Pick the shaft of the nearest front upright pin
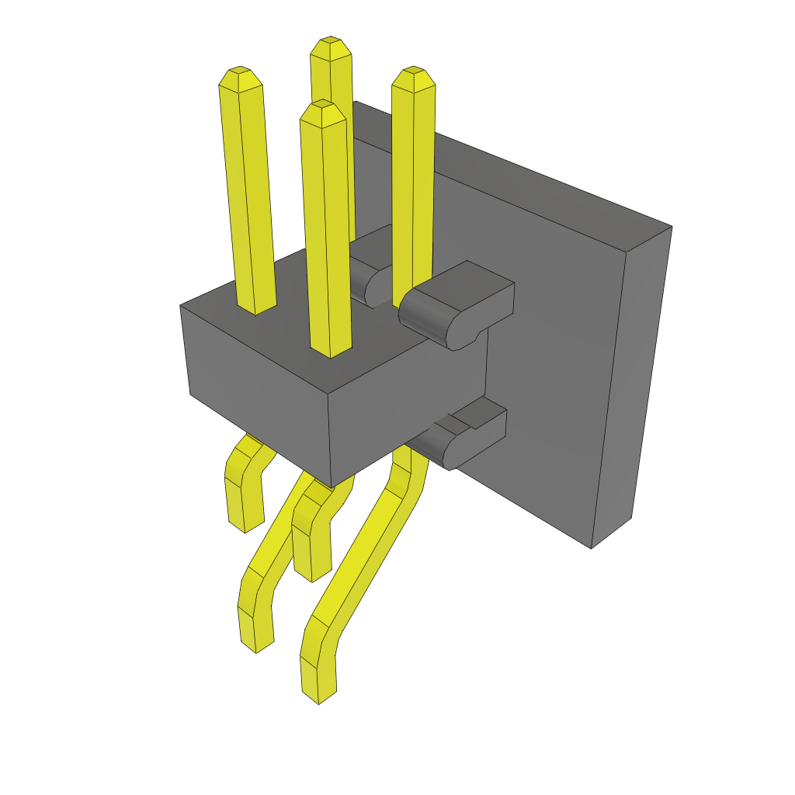[x=327, y=233]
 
